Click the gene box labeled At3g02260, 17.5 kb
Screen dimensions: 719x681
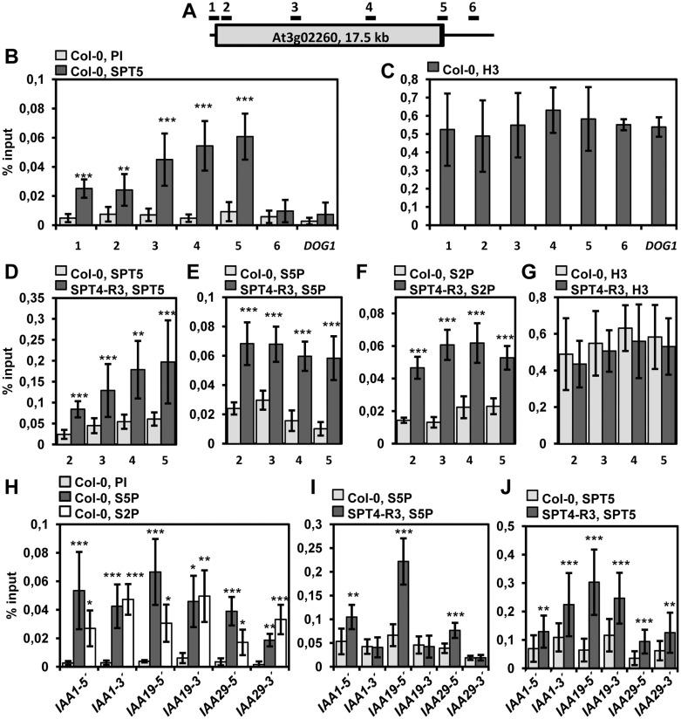330,36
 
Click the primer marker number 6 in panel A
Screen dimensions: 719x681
473,7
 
